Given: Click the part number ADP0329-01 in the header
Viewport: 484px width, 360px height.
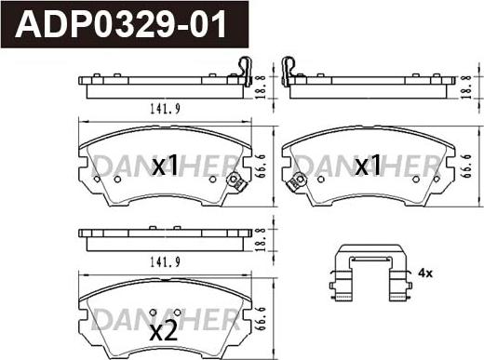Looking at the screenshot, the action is [x=121, y=24].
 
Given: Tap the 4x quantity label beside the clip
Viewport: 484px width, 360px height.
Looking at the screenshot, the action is [x=425, y=273].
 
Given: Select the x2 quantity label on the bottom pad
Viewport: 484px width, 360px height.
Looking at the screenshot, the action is [x=164, y=331].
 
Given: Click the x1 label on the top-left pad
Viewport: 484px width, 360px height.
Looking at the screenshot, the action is [x=166, y=166].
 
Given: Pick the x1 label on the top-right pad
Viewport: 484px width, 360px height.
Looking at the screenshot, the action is [x=368, y=166].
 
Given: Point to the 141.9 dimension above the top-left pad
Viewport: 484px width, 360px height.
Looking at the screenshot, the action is [x=165, y=109].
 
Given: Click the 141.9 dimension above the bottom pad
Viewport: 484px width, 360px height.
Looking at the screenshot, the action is [x=165, y=263].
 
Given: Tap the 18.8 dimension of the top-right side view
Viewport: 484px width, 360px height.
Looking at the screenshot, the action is [x=466, y=87].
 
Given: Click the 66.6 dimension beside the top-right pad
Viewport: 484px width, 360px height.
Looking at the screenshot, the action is [x=467, y=166].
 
